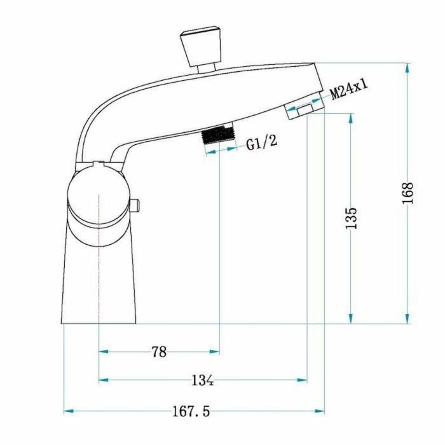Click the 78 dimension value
coord(159,352)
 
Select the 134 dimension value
coord(202,381)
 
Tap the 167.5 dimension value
coord(191,412)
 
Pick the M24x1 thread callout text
coord(350,90)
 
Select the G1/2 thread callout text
coord(262,142)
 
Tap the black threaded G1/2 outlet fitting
coord(217,135)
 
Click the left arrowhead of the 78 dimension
coord(104,352)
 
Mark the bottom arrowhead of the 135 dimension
coord(350,318)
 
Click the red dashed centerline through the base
coord(99,267)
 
